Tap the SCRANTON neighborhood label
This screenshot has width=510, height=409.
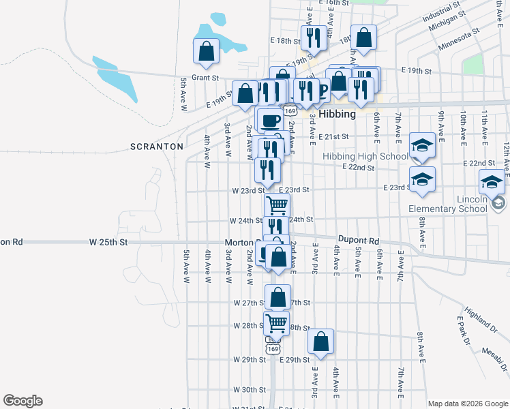(157, 147)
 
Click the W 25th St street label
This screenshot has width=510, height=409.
(108, 242)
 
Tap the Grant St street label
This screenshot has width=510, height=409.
(205, 78)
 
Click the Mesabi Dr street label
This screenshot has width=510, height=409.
(495, 361)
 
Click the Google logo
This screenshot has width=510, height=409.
(22, 401)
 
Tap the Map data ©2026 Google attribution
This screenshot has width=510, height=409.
(468, 404)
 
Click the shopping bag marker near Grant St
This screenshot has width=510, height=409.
(206, 51)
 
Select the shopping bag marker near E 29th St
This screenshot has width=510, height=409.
(320, 343)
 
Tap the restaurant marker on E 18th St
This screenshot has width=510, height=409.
(314, 37)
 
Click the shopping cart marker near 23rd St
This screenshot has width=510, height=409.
(277, 204)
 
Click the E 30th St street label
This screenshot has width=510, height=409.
(294, 390)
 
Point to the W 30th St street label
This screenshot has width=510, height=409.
(248, 390)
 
